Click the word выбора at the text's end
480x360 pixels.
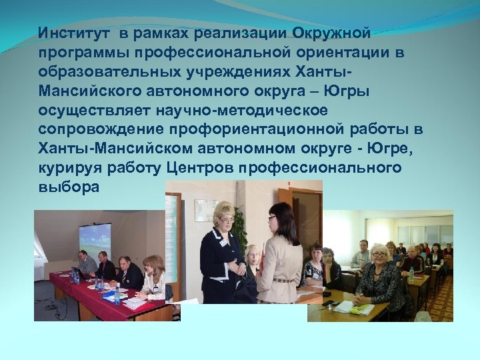tap(69, 187)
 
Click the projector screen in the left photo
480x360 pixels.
tap(95, 239)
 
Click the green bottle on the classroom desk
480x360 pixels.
tap(411, 273)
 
